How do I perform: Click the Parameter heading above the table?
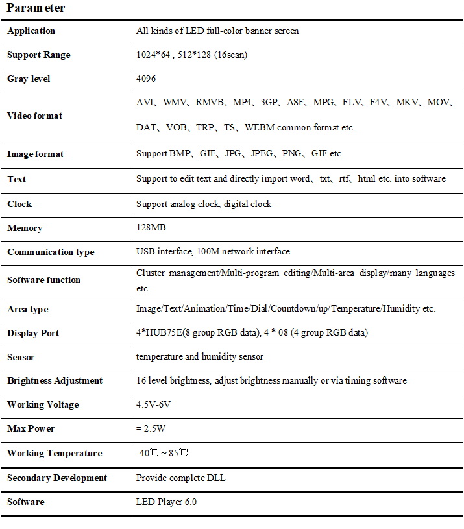36,8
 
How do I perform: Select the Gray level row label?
29,79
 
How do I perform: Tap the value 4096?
146,79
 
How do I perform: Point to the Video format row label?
35,116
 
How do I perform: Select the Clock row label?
19,204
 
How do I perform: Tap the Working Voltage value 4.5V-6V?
154,404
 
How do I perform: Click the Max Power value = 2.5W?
152,428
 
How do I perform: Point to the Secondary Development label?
57,478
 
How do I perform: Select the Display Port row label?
33,333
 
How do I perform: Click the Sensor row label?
21,357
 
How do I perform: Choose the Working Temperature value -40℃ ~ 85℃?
162,453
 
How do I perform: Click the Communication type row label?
51,252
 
